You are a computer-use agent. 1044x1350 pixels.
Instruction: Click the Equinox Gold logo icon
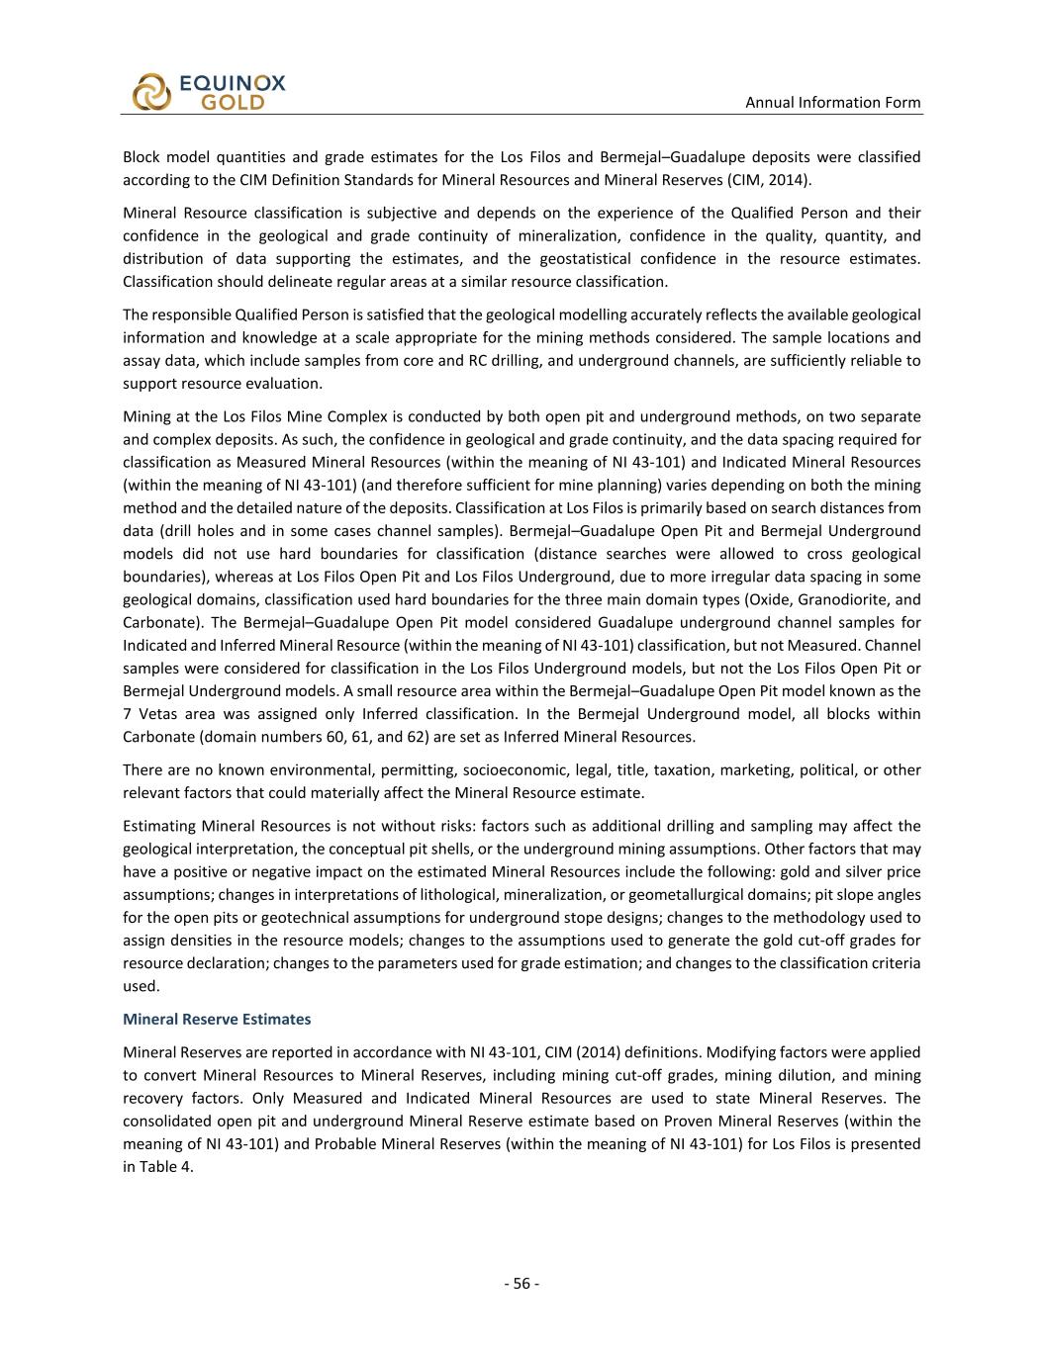pos(151,91)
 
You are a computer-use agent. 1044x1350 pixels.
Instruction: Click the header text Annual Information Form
pos(832,102)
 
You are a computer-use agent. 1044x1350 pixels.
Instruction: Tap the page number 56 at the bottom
pos(522,1284)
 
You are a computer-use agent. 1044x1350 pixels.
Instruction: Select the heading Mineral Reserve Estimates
pos(217,1019)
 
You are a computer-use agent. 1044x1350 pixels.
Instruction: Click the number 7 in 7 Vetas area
pos(127,713)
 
